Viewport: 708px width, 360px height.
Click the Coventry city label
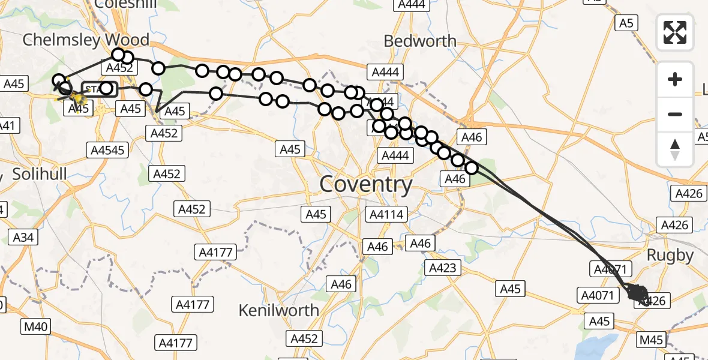(x=366, y=184)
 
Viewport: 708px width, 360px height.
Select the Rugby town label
(x=671, y=255)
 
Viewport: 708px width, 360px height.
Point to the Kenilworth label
(x=278, y=310)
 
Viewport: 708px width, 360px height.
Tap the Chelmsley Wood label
(x=86, y=40)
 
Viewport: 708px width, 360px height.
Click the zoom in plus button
(x=675, y=79)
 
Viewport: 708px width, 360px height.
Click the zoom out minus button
(x=675, y=114)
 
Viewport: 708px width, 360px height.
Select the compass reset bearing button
(x=675, y=149)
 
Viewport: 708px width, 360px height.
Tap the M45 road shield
(x=651, y=340)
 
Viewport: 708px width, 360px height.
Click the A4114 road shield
(x=387, y=214)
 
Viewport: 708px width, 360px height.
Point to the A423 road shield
(x=443, y=268)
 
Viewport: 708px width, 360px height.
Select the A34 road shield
(x=23, y=238)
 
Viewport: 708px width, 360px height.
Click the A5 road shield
(x=626, y=23)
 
